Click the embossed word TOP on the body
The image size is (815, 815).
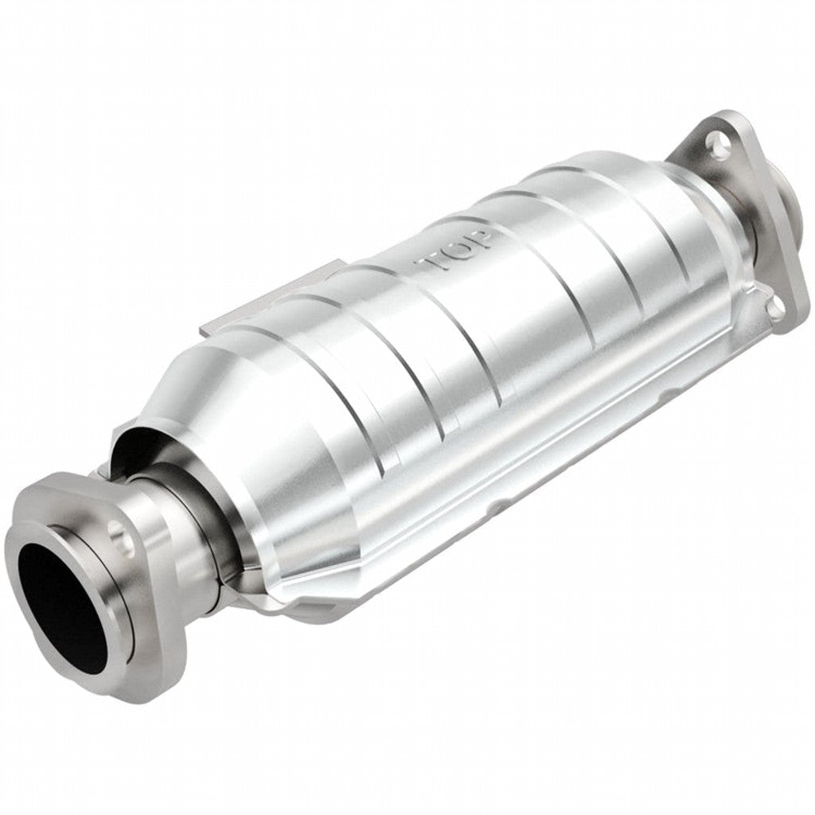click(x=458, y=251)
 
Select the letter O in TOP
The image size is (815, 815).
click(x=458, y=251)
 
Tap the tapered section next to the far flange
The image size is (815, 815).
click(x=700, y=231)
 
